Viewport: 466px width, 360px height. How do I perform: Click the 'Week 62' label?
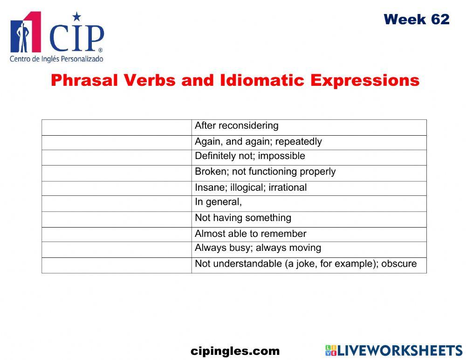[x=416, y=20]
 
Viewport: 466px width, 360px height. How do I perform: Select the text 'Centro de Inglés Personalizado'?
[x=56, y=59]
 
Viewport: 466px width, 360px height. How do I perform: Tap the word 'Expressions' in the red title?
[x=365, y=81]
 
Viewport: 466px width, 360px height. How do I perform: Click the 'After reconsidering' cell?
[x=236, y=126]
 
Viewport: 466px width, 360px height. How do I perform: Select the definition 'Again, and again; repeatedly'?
[x=258, y=142]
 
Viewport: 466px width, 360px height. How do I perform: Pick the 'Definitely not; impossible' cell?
[x=250, y=156]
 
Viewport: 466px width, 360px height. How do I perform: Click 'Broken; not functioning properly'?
[x=265, y=172]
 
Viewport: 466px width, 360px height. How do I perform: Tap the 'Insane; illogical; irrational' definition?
[x=251, y=188]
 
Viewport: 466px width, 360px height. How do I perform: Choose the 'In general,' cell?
[x=218, y=202]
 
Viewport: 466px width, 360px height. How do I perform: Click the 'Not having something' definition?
[x=243, y=218]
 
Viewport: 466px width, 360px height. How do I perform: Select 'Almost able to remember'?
[x=250, y=234]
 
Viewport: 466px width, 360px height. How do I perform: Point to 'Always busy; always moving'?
[x=258, y=248]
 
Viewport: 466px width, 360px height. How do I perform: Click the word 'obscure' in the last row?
[x=399, y=264]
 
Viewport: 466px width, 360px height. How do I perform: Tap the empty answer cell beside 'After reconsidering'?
[x=116, y=127]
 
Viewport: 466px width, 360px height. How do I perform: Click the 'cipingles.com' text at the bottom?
[x=235, y=351]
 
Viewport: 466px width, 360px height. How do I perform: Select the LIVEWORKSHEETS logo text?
[x=400, y=351]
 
